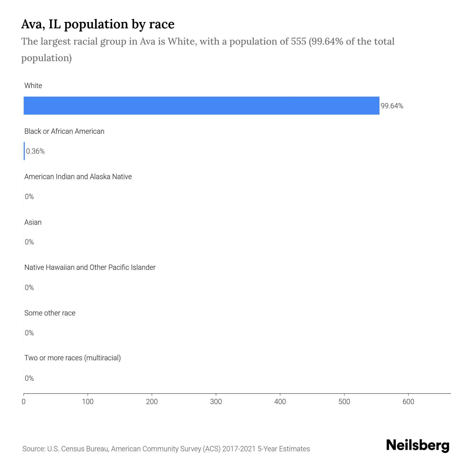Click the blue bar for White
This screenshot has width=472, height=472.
coord(201,106)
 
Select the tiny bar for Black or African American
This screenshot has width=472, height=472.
coord(24,151)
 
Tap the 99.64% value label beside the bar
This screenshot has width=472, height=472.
coord(392,106)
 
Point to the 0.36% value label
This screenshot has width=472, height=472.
coord(35,151)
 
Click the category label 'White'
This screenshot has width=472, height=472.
coord(33,86)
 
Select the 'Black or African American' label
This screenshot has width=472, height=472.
coord(64,131)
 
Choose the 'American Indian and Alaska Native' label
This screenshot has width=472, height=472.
coord(78,177)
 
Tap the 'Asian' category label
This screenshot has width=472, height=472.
coord(33,222)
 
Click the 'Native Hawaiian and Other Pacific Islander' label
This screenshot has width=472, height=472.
coord(90,267)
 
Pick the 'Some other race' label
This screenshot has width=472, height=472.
coord(50,313)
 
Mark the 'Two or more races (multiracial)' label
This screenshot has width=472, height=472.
coord(72,358)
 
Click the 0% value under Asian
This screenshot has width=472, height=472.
coord(29,242)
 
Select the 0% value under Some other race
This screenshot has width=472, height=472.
coord(29,333)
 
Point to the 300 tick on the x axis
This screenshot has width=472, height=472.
coord(216,402)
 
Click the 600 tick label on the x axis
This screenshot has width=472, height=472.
coord(408,402)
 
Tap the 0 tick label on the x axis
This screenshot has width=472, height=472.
coord(24,402)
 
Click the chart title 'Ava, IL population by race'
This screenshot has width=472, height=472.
coord(98,24)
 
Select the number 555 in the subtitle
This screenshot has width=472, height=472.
coord(298,41)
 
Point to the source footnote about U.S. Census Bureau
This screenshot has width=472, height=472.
coord(166,449)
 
